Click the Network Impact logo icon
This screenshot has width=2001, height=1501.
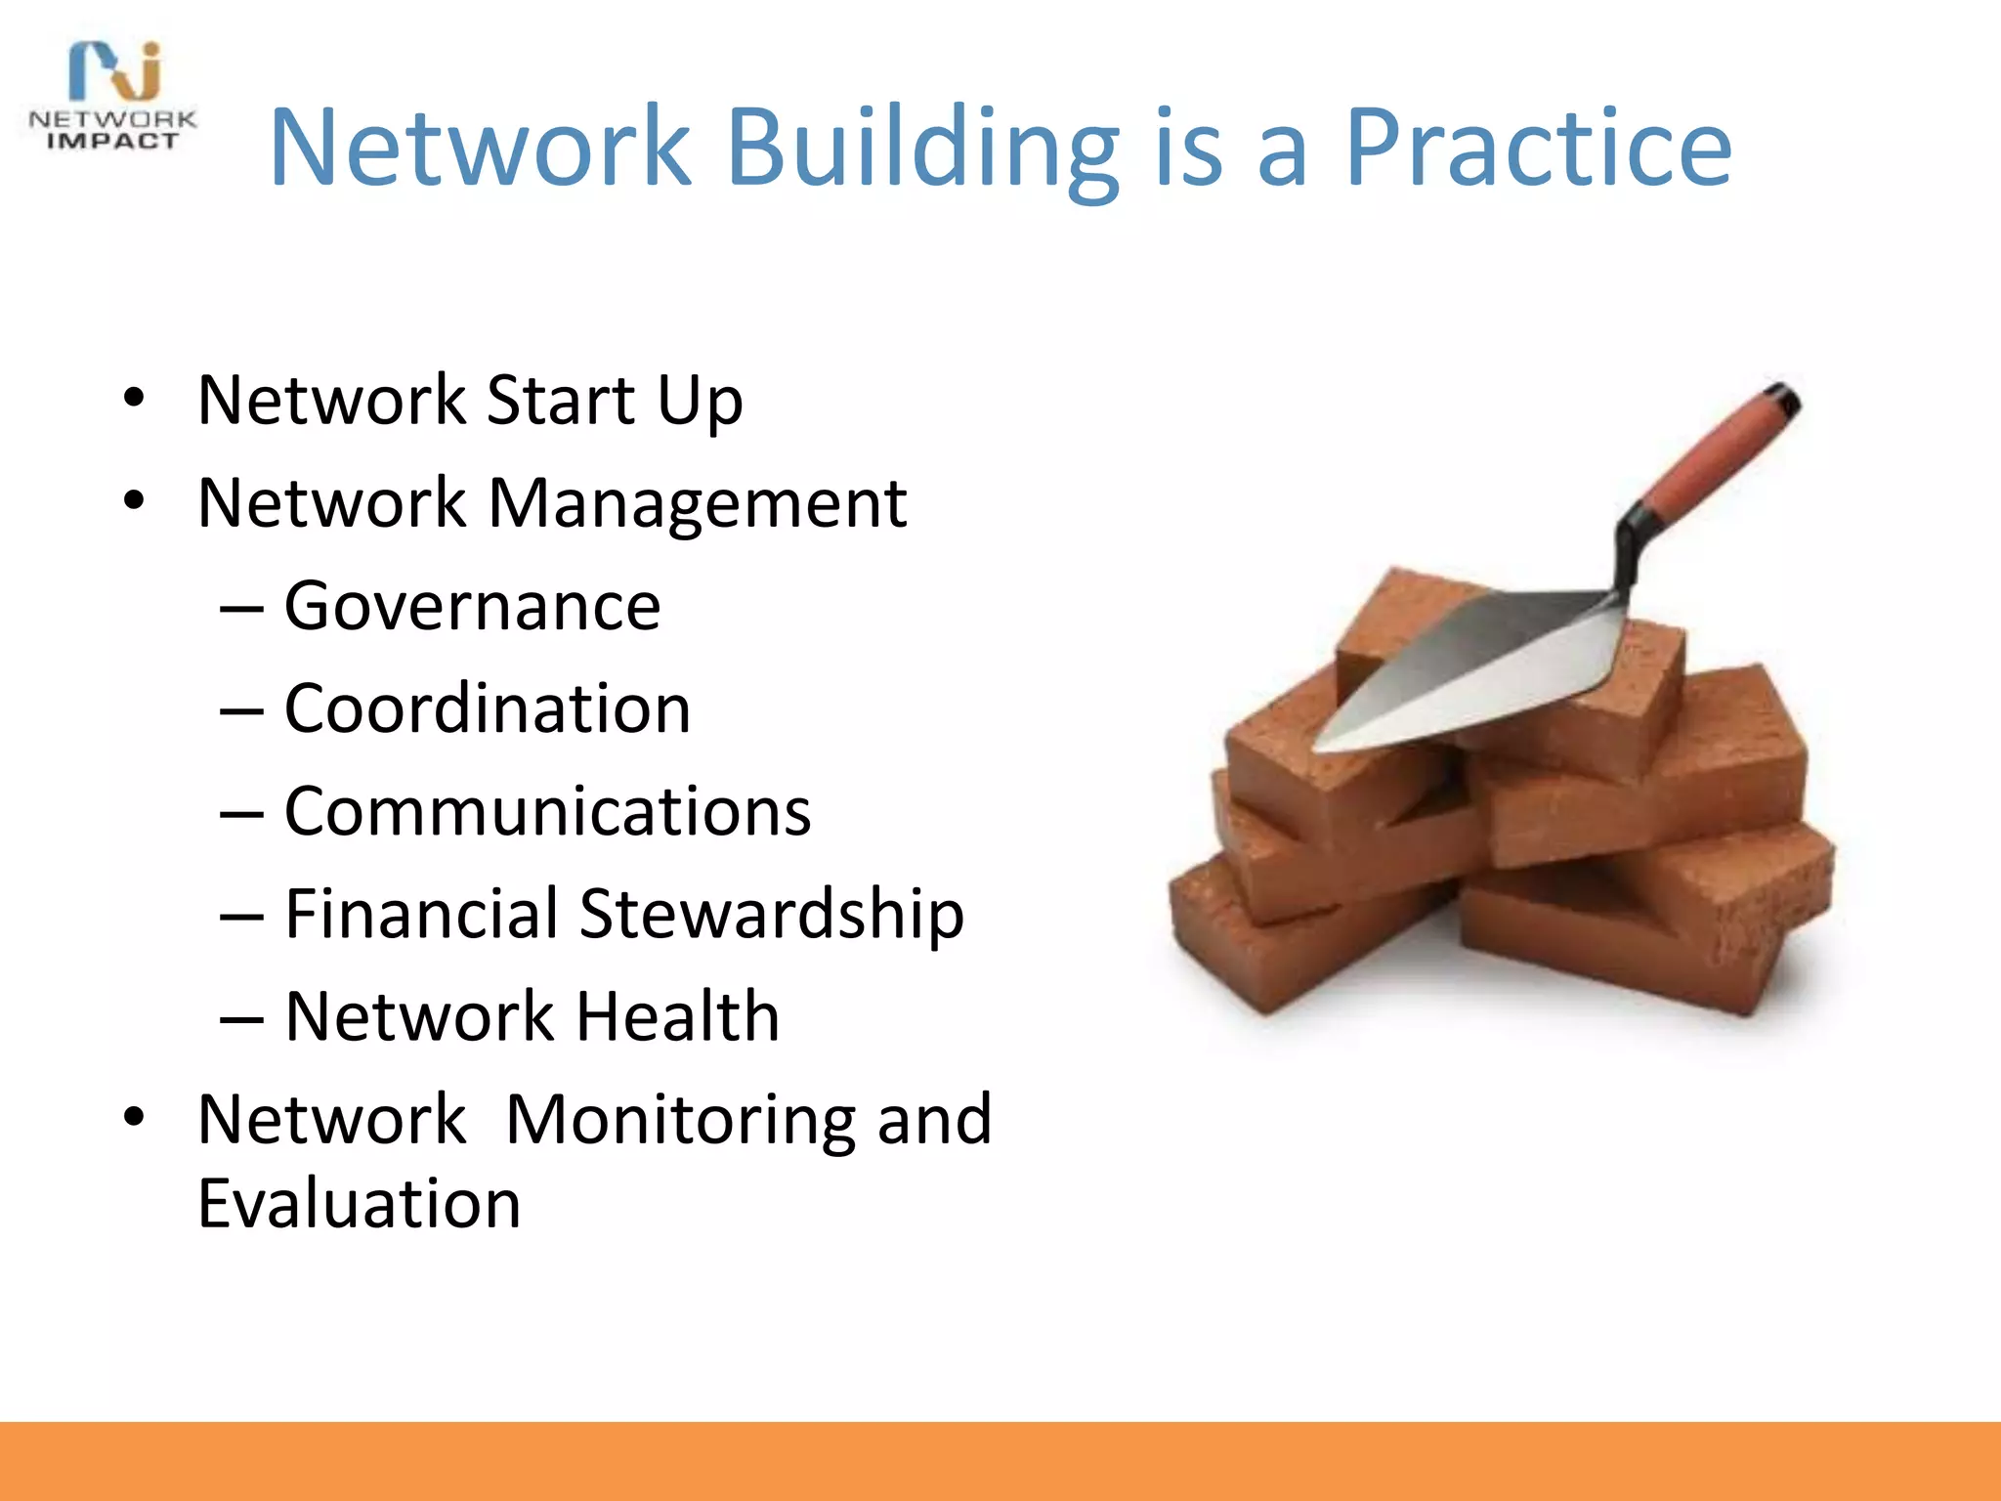(x=115, y=70)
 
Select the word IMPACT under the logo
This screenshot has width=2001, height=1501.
(x=113, y=142)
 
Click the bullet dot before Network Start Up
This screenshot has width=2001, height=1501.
(x=134, y=399)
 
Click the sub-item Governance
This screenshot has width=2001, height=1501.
(x=472, y=607)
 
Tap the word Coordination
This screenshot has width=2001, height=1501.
(x=487, y=708)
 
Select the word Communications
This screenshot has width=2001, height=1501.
(x=547, y=812)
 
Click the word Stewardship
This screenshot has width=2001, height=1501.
(x=771, y=915)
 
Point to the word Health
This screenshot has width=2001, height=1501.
(x=677, y=1017)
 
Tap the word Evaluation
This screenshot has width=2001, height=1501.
(x=359, y=1204)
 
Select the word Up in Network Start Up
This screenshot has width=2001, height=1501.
(x=700, y=402)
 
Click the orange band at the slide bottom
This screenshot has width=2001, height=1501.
(x=1000, y=1461)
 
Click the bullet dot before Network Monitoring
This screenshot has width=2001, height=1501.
(x=134, y=1117)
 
